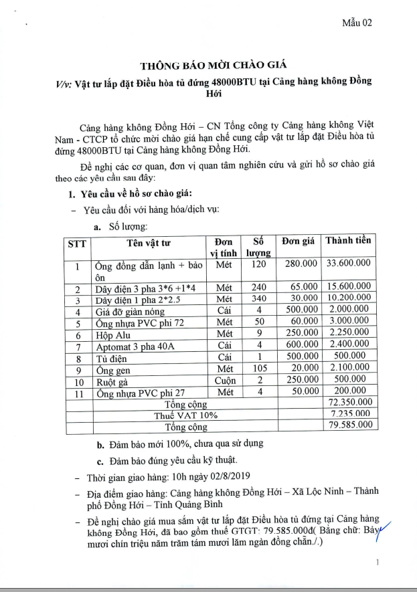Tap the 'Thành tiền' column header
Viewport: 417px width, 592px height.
click(x=347, y=240)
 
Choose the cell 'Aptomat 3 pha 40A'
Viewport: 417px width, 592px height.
click(x=134, y=347)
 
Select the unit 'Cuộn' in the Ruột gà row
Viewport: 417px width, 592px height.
click(x=225, y=381)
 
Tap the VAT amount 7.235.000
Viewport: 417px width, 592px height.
click(x=349, y=414)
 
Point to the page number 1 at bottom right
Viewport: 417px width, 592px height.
click(x=379, y=563)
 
